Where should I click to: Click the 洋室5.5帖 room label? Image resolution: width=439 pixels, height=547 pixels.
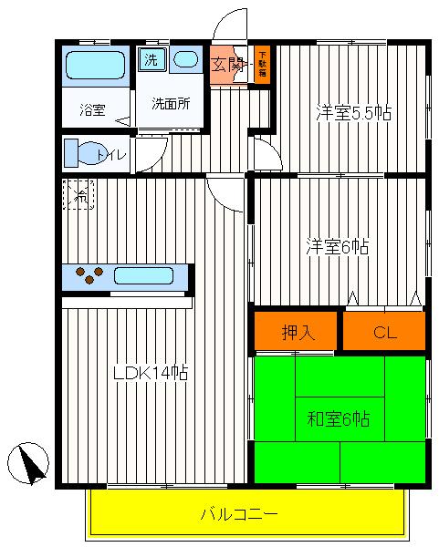click(354, 113)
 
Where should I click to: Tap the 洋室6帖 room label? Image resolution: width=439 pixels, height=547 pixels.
click(337, 246)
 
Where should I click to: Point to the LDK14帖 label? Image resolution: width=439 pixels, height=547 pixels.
click(151, 372)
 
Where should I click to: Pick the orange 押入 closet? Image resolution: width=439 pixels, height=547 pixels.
click(297, 332)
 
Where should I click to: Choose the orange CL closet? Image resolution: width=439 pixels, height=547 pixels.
click(385, 332)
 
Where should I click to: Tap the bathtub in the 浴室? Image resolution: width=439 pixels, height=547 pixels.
click(95, 66)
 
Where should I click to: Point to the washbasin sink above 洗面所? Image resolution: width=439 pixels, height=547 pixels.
click(186, 60)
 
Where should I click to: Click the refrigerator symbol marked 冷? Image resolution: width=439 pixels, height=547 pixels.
click(78, 194)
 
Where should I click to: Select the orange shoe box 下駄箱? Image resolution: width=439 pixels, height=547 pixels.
click(262, 65)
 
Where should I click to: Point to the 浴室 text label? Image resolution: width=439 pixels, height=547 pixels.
click(92, 110)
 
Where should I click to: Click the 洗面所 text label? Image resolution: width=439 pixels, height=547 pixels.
click(171, 103)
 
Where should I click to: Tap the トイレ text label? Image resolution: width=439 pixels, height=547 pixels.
click(112, 154)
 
